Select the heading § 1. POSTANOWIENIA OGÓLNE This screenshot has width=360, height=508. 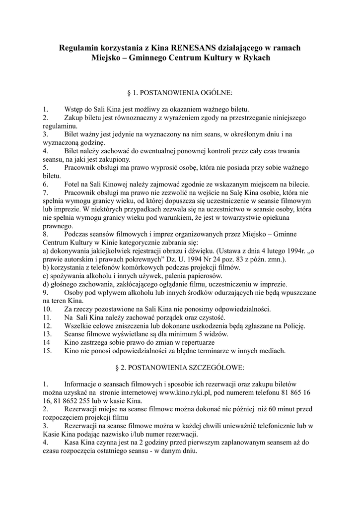tap(180, 92)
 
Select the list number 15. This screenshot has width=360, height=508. tap(48, 351)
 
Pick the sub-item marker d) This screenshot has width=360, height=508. tap(47, 284)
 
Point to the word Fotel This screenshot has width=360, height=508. tap(73, 184)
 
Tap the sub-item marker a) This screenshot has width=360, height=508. tap(47, 251)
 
